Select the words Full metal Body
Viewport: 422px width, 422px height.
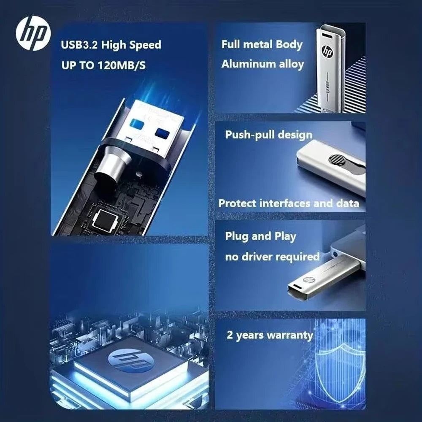pyautogui.click(x=262, y=44)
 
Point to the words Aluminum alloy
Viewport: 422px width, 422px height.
pyautogui.click(x=262, y=64)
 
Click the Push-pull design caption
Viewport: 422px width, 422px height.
pyautogui.click(x=268, y=135)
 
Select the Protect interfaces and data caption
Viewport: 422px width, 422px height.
pyautogui.click(x=289, y=203)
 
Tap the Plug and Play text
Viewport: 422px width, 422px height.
pyautogui.click(x=260, y=236)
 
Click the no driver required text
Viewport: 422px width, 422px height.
pyautogui.click(x=272, y=257)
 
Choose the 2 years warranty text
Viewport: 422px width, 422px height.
pyautogui.click(x=270, y=336)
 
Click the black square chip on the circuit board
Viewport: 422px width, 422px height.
pyautogui.click(x=105, y=219)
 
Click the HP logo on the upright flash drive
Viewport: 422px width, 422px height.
pyautogui.click(x=327, y=51)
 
